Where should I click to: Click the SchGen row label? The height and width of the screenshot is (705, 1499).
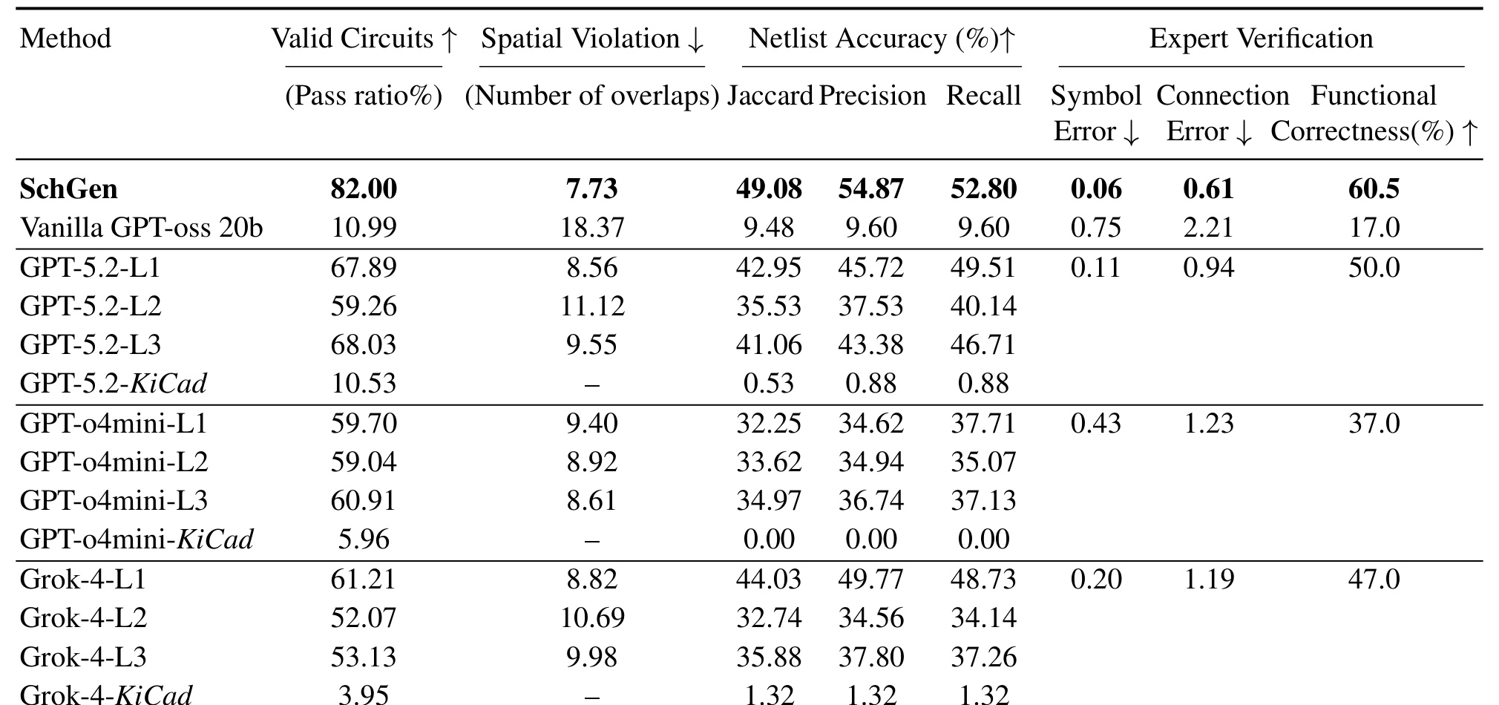[68, 189]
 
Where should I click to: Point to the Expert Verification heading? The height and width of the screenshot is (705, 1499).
[1261, 39]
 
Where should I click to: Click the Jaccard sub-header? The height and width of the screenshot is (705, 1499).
[770, 96]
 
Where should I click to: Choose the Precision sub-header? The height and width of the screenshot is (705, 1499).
[872, 96]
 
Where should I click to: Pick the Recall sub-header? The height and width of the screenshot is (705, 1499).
[983, 96]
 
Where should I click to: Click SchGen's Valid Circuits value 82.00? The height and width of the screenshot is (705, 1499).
[364, 189]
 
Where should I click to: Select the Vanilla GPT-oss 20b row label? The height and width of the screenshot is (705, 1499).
[141, 227]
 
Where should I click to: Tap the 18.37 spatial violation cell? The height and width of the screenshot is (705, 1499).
[592, 227]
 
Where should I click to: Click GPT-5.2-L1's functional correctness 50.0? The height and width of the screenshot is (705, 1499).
[1374, 267]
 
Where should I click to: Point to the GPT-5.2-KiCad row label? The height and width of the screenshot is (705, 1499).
[113, 383]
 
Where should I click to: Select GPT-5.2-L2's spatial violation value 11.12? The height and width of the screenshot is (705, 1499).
[592, 306]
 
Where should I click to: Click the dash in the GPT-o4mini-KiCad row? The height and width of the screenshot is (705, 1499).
[592, 542]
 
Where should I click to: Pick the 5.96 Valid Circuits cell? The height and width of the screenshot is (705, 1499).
[364, 539]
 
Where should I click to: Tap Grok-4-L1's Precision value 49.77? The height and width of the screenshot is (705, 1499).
[871, 579]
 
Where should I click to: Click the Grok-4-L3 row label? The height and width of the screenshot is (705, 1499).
[83, 657]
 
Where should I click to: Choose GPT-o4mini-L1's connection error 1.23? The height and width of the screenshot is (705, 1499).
[1209, 423]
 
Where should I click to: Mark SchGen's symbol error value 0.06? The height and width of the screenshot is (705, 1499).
[1096, 189]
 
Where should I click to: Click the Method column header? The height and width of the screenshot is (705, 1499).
[65, 39]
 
